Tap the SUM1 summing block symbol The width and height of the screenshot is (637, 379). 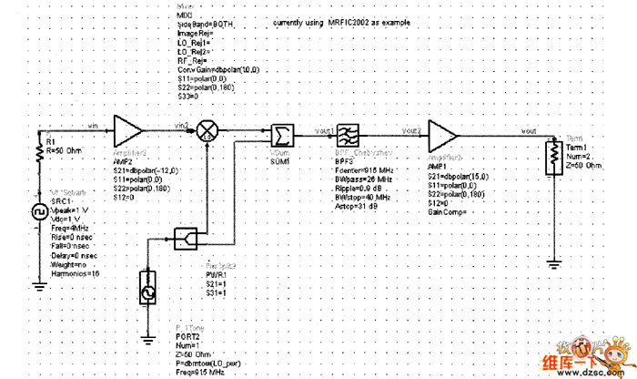[x=282, y=135]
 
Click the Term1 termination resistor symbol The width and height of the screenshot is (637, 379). [x=551, y=158]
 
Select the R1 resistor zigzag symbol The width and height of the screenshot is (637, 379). [x=39, y=154]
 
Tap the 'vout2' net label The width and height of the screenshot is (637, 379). [x=410, y=131]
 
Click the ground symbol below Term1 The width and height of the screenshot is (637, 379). [x=551, y=264]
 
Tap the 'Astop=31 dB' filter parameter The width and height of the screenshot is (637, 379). [x=357, y=205]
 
